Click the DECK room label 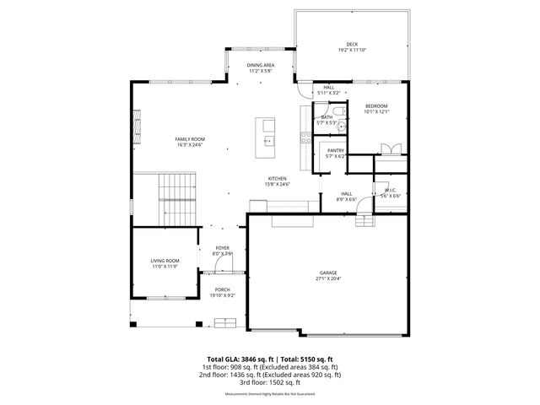point(352,44)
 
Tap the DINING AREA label point(260,65)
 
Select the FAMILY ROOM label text point(190,139)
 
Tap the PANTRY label point(336,150)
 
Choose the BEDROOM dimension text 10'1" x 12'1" point(376,111)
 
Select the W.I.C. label point(390,190)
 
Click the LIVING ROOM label point(165,262)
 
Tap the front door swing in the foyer point(222,264)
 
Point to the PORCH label point(222,289)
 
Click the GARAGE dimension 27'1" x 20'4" point(328,278)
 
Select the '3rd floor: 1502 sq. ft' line point(269,382)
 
